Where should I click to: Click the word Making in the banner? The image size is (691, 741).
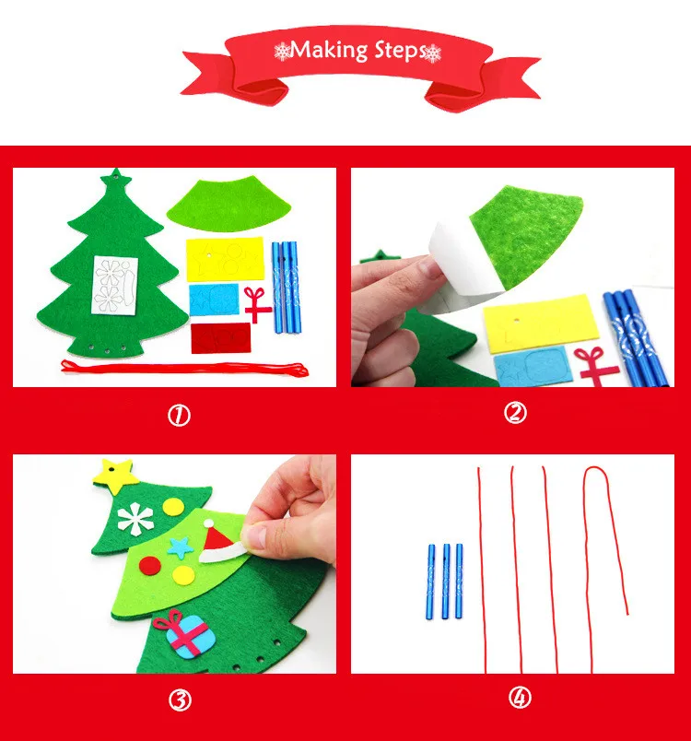coord(329,50)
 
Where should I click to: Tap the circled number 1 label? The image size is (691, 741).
coord(179,416)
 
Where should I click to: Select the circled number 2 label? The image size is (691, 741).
coord(515,413)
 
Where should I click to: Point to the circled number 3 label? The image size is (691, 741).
coord(180,700)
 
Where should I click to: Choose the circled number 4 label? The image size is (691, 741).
coord(520,697)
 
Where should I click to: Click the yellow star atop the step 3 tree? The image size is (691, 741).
coord(116,476)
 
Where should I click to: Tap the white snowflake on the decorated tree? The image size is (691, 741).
coord(135,519)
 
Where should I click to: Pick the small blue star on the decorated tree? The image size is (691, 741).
coord(181,547)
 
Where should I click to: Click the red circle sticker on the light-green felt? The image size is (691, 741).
coord(150,566)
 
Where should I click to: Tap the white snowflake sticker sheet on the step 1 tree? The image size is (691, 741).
coord(115,285)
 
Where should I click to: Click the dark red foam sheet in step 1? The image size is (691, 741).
coord(220,338)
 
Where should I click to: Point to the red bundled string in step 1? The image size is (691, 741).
coord(184,368)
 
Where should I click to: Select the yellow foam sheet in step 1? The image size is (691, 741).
coord(225,259)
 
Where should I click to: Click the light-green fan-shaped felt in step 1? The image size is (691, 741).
coord(229,204)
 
